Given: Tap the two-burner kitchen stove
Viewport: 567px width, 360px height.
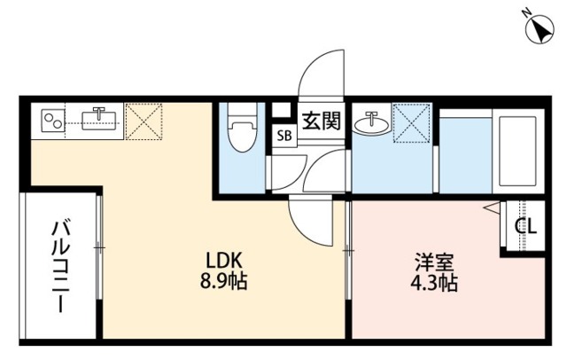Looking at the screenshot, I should (53, 121).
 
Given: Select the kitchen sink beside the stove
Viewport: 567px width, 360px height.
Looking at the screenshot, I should (100, 119).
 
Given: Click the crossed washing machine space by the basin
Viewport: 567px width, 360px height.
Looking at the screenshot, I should (410, 123).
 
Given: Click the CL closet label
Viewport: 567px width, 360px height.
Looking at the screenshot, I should (525, 226).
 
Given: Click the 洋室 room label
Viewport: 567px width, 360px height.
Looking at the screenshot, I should (434, 262).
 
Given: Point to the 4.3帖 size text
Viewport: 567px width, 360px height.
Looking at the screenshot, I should (434, 285).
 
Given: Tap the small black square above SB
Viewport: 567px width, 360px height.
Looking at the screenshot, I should (283, 113).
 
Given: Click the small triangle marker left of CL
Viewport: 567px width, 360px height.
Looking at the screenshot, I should (489, 208).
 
